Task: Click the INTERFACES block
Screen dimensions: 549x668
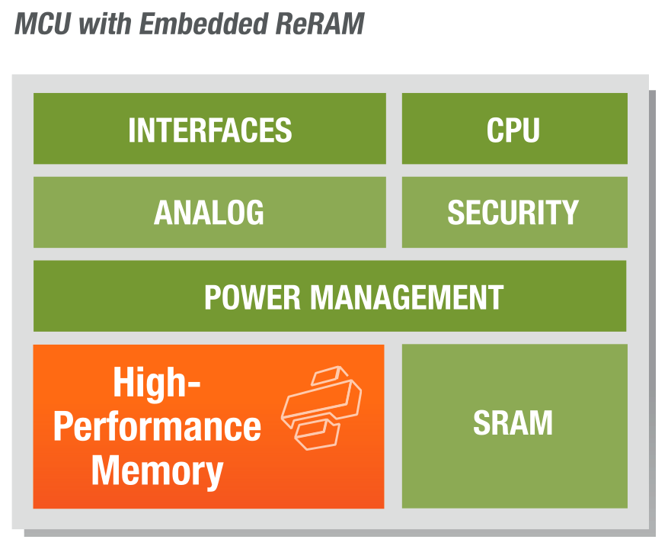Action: pos(209,129)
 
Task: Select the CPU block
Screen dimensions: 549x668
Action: pos(514,129)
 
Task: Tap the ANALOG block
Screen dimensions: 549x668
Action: pos(209,212)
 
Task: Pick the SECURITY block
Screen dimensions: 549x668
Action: pos(514,212)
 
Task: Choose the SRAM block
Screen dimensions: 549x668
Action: pos(514,424)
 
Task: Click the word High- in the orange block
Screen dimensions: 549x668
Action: pos(156,382)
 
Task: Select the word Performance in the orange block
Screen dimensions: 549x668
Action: pos(157,426)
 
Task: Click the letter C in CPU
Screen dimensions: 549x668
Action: pos(495,130)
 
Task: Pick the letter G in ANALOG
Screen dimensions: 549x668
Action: pos(253,213)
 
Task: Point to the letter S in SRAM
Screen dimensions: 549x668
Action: pos(483,424)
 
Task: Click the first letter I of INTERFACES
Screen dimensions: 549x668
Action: pos(132,130)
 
